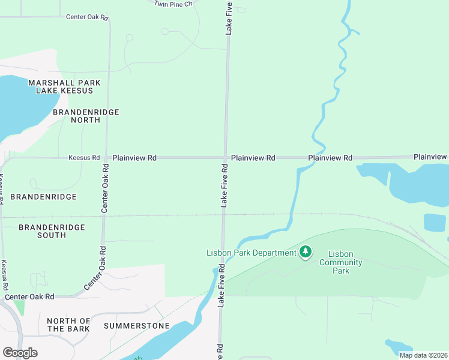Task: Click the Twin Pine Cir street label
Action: (x=173, y=4)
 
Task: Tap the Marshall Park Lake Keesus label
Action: (x=64, y=86)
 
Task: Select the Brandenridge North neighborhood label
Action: (x=86, y=116)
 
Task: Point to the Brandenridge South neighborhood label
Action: (x=52, y=231)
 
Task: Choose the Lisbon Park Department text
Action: (x=251, y=253)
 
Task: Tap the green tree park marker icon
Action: (x=306, y=252)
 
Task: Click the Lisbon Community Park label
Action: (x=340, y=262)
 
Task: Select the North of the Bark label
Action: (x=68, y=325)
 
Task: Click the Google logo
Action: (x=20, y=353)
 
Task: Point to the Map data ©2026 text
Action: (x=423, y=355)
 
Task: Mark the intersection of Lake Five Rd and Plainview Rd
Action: (x=226, y=158)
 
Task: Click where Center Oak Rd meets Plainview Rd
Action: (x=106, y=158)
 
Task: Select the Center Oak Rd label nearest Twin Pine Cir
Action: (x=87, y=17)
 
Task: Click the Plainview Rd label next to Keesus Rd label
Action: (x=134, y=158)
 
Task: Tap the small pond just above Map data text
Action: (x=399, y=346)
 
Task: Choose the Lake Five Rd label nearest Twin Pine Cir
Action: (x=229, y=18)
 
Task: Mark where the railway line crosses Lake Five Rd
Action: (x=223, y=215)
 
